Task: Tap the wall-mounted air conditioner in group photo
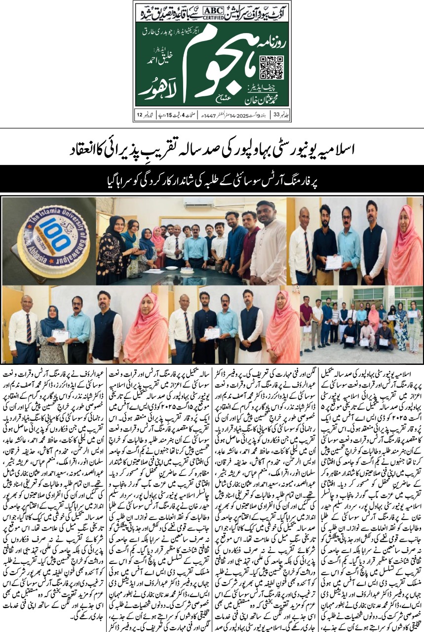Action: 198,204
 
